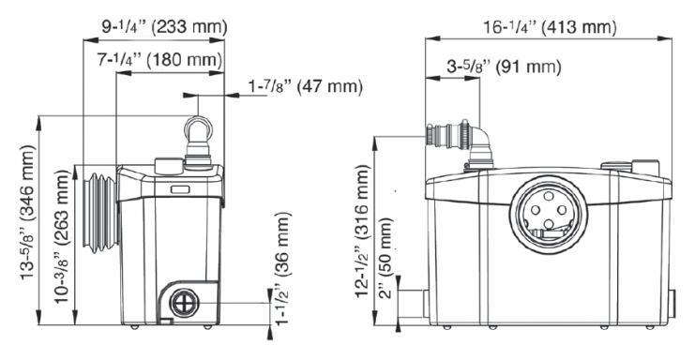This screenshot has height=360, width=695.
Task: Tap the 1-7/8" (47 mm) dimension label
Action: point(306,86)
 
